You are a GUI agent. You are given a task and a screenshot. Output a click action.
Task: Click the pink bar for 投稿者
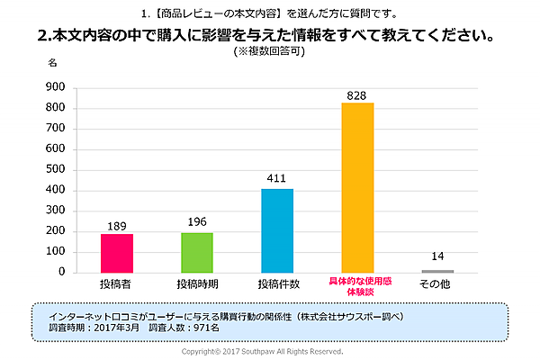coord(117,253)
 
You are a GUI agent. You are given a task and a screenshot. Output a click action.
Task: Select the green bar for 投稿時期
coord(197,252)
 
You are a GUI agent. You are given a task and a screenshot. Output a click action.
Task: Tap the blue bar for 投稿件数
coord(277,230)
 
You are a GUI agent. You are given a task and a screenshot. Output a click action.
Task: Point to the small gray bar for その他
coord(437,271)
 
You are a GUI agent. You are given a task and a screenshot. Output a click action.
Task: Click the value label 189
coord(117,225)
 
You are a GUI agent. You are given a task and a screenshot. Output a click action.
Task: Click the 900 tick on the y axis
coord(54,87)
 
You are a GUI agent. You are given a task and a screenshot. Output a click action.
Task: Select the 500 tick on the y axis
coord(54,169)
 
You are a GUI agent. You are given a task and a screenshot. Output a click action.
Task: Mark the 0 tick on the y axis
coord(61,272)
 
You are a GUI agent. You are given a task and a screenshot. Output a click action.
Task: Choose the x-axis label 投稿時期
coord(197,284)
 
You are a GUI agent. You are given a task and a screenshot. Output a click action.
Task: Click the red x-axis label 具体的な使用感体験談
coord(357,288)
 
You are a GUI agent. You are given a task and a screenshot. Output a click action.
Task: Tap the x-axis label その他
coord(437,284)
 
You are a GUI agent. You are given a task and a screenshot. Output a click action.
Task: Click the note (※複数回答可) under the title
coord(270,52)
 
